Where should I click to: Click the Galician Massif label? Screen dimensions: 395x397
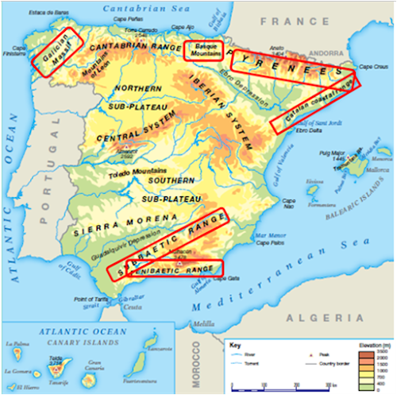[56, 48]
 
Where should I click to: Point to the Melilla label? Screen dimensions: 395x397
[205, 323]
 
